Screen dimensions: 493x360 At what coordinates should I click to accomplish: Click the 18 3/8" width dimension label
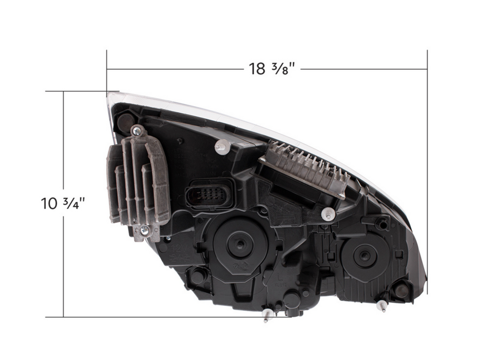pyautogui.click(x=272, y=68)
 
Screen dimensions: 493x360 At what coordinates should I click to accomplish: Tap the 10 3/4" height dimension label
pyautogui.click(x=63, y=203)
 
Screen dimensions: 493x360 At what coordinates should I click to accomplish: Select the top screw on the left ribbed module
pyautogui.click(x=136, y=131)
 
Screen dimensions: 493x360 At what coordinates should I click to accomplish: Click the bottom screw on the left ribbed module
pyautogui.click(x=144, y=231)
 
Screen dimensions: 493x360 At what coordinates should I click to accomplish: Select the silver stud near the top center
pyautogui.click(x=221, y=147)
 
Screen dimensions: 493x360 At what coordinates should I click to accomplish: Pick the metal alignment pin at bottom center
pyautogui.click(x=267, y=315)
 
